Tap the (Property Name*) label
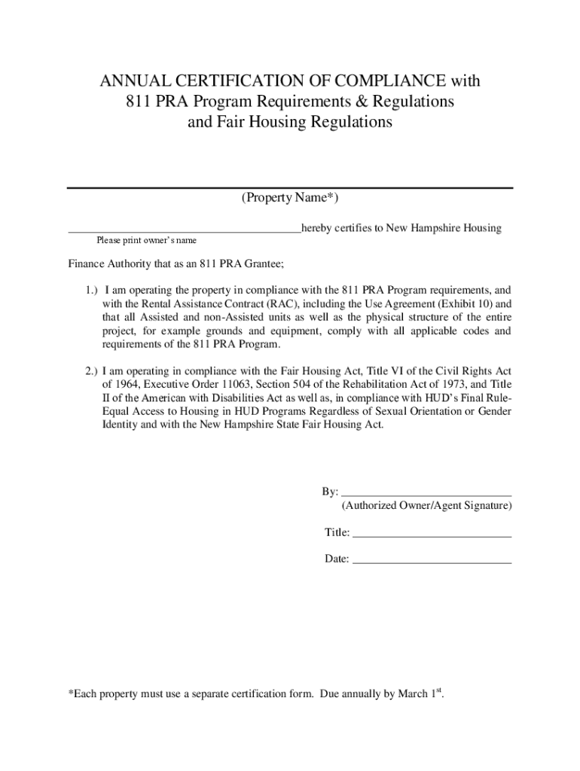[x=290, y=198]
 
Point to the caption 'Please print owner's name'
[x=146, y=240]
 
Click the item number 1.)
[x=91, y=290]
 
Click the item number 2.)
[x=91, y=370]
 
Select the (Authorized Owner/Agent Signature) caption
[x=426, y=506]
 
